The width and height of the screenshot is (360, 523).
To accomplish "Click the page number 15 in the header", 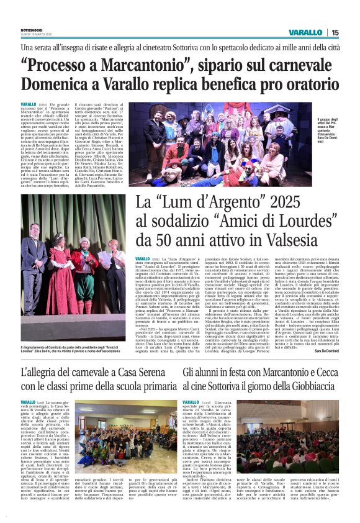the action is [x=335, y=32].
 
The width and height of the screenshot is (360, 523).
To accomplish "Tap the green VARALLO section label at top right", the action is [x=305, y=32].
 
